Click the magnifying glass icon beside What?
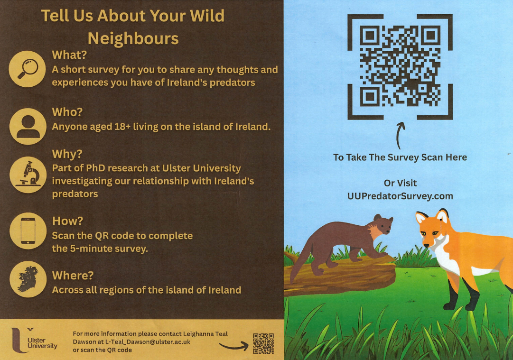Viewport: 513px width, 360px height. pos(27,69)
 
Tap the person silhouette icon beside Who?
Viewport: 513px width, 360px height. pos(28,127)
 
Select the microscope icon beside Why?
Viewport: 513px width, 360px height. pos(28,175)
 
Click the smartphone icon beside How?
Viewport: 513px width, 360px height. pos(28,231)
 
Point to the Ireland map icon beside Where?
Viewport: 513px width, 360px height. pos(28,279)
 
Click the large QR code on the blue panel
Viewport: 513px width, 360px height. pos(400,66)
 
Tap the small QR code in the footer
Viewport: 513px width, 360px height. pos(263,344)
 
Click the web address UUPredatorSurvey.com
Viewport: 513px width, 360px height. pos(400,196)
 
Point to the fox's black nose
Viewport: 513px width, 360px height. pos(426,245)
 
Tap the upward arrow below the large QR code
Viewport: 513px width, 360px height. pos(400,135)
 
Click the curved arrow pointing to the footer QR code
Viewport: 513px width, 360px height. pos(233,346)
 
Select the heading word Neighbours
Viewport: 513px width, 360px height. pos(133,38)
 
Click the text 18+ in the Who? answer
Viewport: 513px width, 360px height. pos(122,127)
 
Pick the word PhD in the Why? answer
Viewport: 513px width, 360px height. pos(95,168)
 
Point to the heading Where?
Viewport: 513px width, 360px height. pos(73,275)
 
